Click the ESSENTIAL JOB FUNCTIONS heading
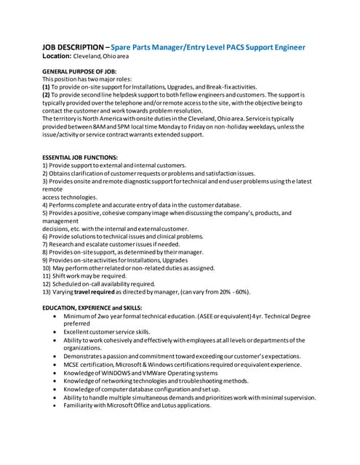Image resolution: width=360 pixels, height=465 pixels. point(81,157)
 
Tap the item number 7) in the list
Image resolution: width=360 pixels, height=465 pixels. point(45,245)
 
